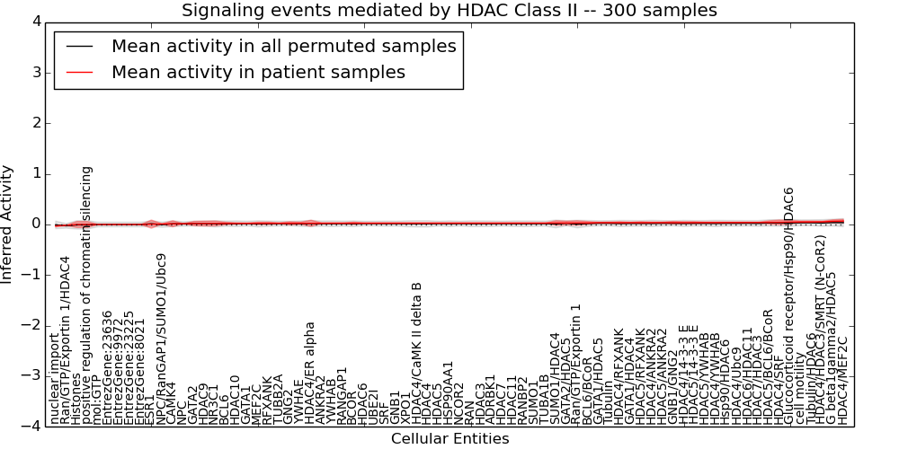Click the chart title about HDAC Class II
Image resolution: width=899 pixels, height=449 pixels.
pyautogui.click(x=449, y=11)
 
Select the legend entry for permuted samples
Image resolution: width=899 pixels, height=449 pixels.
pyautogui.click(x=283, y=46)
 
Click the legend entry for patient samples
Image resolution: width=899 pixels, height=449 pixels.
pyautogui.click(x=258, y=72)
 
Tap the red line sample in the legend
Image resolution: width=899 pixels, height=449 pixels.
pyautogui.click(x=77, y=72)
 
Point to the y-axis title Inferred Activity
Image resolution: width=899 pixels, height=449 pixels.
pyautogui.click(x=7, y=224)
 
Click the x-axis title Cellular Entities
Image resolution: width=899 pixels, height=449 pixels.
pyautogui.click(x=449, y=438)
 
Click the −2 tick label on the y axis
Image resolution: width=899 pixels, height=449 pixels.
pyautogui.click(x=29, y=325)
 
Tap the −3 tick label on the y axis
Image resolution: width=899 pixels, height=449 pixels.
pyautogui.click(x=29, y=375)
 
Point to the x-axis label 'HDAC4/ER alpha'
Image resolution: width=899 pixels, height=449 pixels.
pyautogui.click(x=310, y=373)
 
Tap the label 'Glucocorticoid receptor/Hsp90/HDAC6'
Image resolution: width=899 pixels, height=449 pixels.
pyautogui.click(x=789, y=305)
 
